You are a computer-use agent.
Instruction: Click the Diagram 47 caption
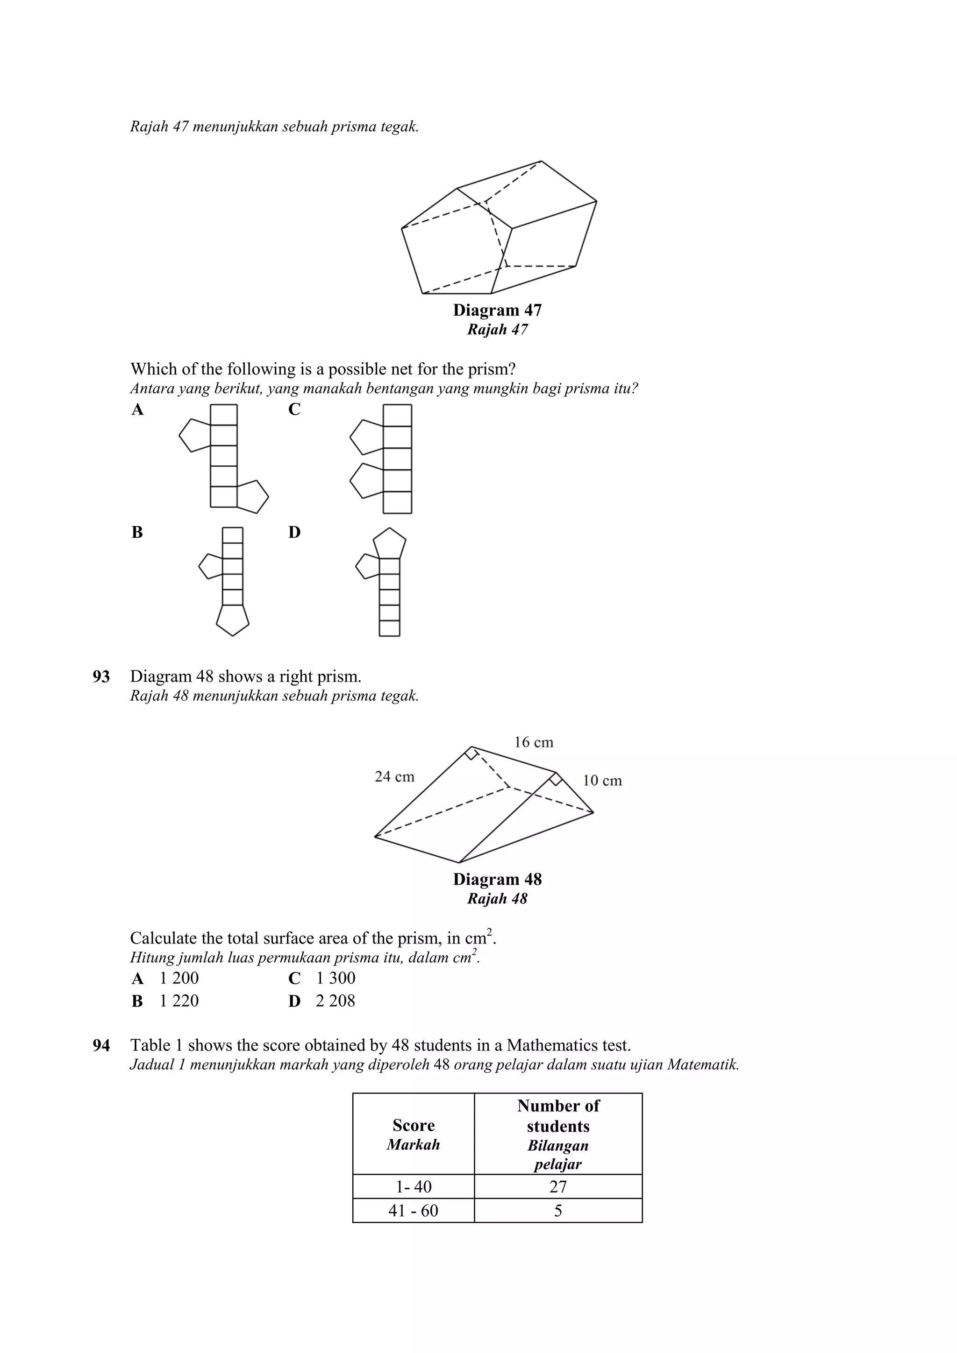497,310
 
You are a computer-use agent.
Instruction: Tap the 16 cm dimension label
534,742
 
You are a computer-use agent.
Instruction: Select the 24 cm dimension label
394,777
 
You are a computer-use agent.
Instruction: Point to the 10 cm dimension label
602,781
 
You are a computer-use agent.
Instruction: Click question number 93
101,676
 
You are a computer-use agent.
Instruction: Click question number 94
101,1045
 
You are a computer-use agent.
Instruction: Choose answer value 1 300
336,978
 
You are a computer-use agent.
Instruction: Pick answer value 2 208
335,1001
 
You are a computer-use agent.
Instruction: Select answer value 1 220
179,1001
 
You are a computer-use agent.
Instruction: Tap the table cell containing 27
558,1186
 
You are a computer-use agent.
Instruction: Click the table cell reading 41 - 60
414,1211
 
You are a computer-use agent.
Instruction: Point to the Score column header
414,1135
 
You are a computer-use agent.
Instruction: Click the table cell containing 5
558,1211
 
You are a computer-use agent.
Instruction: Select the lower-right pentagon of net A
252,497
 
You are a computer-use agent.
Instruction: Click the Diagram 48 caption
497,879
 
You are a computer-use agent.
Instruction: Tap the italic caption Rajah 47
497,330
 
